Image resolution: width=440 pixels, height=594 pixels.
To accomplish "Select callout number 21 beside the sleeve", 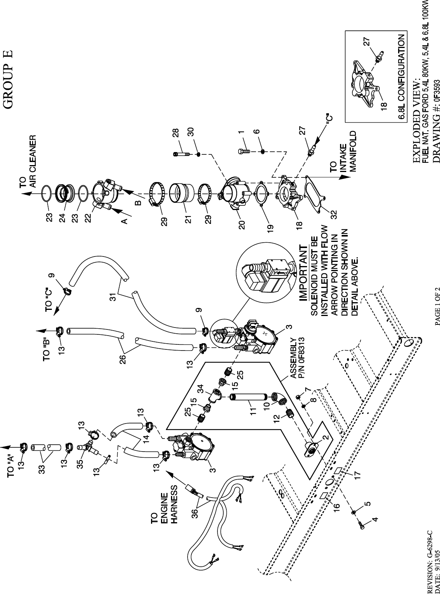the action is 189,219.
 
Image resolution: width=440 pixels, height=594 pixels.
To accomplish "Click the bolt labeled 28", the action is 181,154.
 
